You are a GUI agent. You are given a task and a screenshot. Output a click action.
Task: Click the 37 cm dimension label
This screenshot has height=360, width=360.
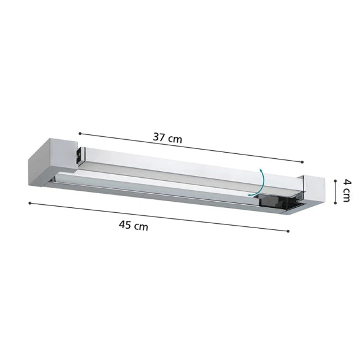[x=167, y=138]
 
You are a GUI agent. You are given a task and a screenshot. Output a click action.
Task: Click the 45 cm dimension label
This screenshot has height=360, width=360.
[x=134, y=225]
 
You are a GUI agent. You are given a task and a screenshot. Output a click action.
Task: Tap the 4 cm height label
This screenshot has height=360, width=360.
[x=347, y=191]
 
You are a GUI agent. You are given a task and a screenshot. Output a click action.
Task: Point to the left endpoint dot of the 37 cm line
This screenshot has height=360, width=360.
[x=80, y=134]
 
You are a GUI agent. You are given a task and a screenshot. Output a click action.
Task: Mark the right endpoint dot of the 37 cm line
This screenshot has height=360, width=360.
[x=302, y=162]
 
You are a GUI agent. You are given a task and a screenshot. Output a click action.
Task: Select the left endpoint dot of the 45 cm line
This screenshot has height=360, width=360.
[x=30, y=203]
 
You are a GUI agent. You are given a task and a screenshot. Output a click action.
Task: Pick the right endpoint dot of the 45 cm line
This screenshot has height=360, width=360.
[x=288, y=231]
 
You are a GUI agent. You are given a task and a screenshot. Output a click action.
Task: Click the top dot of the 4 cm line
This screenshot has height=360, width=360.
[x=335, y=181]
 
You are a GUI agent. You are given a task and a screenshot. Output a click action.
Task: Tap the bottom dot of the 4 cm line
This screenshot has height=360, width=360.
[x=335, y=203]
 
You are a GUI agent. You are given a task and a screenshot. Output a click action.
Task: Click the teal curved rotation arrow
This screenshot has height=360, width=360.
[x=263, y=183]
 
